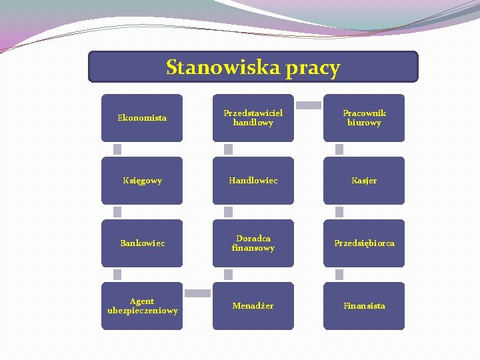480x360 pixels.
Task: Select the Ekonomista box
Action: tap(142, 118)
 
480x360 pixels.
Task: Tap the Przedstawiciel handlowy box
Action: tap(253, 118)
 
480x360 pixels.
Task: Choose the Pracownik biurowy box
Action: tap(364, 118)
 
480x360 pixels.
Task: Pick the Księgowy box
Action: tap(142, 181)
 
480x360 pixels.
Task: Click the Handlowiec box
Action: tap(253, 181)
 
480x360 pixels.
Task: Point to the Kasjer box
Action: tap(364, 181)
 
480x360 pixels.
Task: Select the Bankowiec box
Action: tap(142, 243)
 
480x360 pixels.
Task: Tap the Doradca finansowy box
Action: tap(253, 243)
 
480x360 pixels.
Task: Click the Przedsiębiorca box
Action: tap(364, 243)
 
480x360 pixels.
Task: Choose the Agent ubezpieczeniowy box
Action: tap(142, 306)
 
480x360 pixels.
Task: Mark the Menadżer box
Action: tap(253, 306)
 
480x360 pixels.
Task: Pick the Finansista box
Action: tap(364, 306)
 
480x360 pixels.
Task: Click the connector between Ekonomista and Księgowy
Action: tap(117, 149)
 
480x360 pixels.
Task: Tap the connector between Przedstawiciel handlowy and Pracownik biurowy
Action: tap(308, 105)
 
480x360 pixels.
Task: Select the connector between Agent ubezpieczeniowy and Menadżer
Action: tap(197, 293)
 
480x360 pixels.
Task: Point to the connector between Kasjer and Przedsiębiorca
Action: tap(339, 212)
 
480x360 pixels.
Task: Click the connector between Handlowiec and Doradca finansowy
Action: tap(228, 212)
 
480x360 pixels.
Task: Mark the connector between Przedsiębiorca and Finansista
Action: tap(339, 275)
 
